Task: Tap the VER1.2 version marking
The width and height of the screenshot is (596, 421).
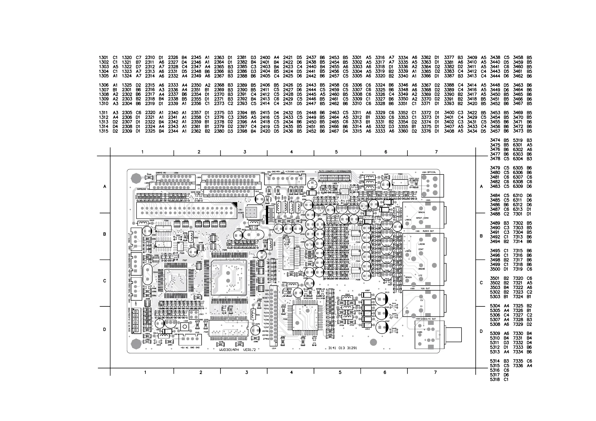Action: [249, 350]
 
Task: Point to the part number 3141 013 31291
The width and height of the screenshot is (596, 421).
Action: [343, 348]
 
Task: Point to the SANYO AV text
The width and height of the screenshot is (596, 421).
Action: [161, 172]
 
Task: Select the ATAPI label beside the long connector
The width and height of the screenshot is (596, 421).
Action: [241, 213]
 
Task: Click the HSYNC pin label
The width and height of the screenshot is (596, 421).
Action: [265, 331]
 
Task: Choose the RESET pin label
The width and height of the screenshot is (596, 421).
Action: [265, 298]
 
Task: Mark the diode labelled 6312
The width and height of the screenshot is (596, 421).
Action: [367, 325]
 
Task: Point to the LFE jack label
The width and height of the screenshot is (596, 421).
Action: [420, 276]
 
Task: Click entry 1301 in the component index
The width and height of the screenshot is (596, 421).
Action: [104, 58]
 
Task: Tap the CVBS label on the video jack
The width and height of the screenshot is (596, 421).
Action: [419, 332]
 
